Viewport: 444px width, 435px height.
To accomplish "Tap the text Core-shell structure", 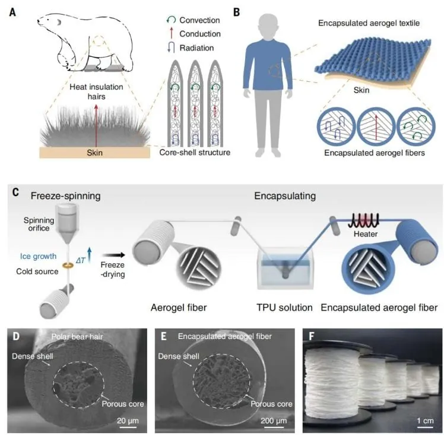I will click(x=195, y=152).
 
